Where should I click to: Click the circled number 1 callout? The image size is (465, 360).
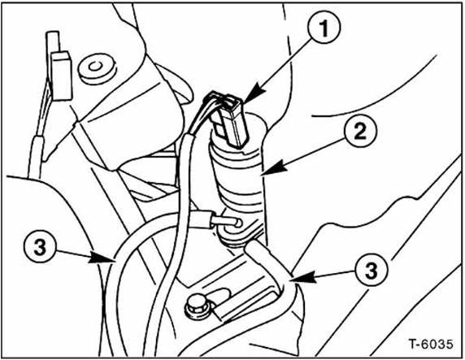tap(324, 28)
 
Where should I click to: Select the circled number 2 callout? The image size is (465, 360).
tap(360, 131)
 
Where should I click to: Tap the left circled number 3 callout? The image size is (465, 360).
tap(40, 247)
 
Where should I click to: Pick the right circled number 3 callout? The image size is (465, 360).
tap(371, 270)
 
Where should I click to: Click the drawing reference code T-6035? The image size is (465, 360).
tap(431, 344)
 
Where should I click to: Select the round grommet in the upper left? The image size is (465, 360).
tap(98, 68)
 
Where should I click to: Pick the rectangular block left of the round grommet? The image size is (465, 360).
tap(61, 76)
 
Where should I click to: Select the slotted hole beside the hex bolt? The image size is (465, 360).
tap(219, 294)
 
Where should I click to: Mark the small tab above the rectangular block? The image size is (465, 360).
tap(53, 41)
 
